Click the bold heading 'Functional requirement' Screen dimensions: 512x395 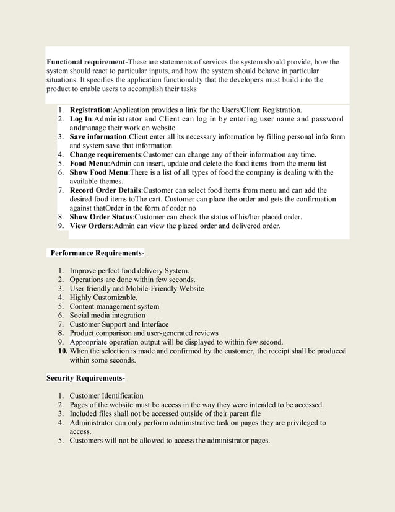pyautogui.click(x=86, y=63)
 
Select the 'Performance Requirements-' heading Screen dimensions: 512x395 pyautogui.click(x=97, y=253)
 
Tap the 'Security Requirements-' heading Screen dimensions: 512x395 pyautogui.click(x=85, y=377)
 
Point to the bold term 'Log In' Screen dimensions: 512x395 pyautogui.click(x=80, y=119)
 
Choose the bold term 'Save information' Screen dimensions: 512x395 pyautogui.click(x=98, y=136)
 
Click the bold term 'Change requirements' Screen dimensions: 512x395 pyautogui.click(x=105, y=154)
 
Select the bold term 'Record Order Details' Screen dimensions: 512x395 pyautogui.click(x=105, y=190)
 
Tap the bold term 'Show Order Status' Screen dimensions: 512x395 pyautogui.click(x=101, y=217)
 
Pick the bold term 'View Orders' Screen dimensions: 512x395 pyautogui.click(x=90, y=226)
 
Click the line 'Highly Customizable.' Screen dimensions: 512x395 pyautogui.click(x=103, y=298)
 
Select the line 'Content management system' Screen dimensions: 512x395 pyautogui.click(x=114, y=306)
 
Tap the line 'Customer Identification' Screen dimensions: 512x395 pyautogui.click(x=106, y=395)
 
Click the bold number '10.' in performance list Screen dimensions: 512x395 pyautogui.click(x=60, y=351)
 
